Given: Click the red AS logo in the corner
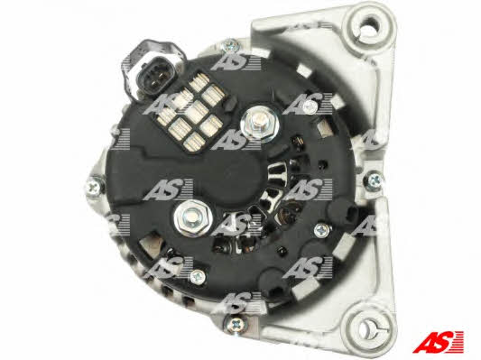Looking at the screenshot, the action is [438, 342].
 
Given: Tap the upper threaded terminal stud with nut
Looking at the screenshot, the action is [260, 124].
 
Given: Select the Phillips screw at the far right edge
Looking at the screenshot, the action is [374, 180].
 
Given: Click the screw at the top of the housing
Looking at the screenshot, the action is [230, 46].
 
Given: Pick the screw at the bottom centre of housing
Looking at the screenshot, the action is [236, 323].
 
